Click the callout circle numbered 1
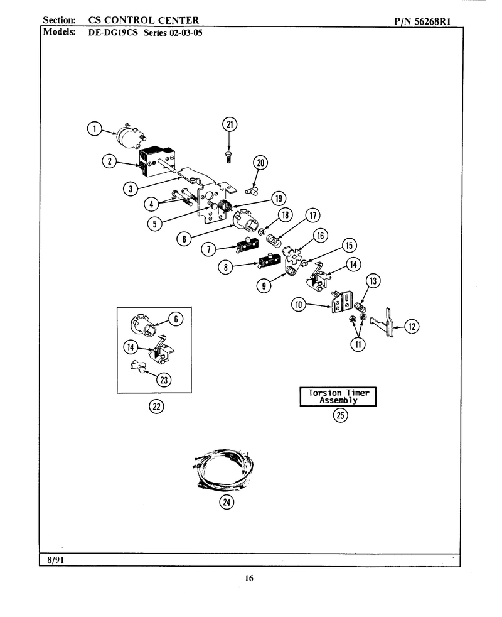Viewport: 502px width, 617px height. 94,129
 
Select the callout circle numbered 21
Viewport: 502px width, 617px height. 230,125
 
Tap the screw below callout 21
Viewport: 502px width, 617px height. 228,157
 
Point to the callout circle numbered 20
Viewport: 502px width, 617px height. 260,163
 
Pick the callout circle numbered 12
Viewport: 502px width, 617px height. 412,326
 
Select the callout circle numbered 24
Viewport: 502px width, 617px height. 227,502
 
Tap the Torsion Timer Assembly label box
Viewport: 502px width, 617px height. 338,396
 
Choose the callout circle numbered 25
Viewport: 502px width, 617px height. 341,415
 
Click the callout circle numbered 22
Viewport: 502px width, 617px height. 156,407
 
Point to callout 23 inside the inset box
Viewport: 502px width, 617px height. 164,379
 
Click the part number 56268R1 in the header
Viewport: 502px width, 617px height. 432,21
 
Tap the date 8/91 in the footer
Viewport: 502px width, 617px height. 55,560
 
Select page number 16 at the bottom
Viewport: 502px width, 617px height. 249,578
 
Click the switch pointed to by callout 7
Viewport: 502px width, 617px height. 247,245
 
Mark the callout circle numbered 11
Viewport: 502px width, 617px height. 358,344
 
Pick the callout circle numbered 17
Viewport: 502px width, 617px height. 312,216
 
